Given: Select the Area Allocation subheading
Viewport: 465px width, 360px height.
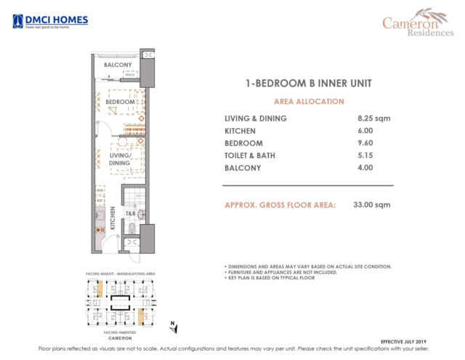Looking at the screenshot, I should pos(308,101).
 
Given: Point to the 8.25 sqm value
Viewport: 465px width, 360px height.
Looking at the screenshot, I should pos(371,119).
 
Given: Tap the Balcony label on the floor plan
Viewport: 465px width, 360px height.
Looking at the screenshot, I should pos(117,65).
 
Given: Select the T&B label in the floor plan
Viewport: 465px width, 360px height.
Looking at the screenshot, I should pos(132,214).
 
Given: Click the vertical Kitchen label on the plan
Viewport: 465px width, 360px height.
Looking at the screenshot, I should pos(113,219).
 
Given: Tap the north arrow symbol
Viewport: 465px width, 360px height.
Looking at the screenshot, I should pos(169,325).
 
